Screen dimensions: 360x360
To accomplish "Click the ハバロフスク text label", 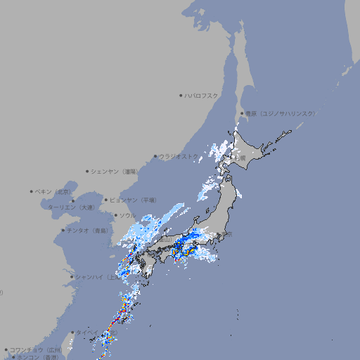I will coord(202,95).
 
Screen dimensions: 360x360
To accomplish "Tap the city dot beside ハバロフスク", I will coord(181,95).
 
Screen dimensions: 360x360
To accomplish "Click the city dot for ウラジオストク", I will coord(155,157).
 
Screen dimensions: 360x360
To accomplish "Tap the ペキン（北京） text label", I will coord(54,191).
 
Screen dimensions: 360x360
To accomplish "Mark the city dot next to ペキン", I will coord(32,191).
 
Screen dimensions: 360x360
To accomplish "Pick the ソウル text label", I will coord(127,215).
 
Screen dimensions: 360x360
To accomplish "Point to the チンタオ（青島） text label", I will coord(88,231).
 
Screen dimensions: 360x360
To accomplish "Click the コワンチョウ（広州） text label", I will coord(36,349).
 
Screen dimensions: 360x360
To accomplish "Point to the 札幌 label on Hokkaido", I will coord(241,158).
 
